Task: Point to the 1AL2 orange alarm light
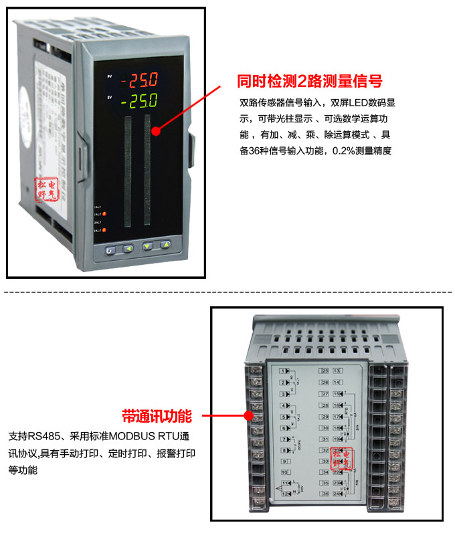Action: pyautogui.click(x=105, y=214)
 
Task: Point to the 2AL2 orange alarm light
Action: pyautogui.click(x=104, y=231)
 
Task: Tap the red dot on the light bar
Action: pyautogui.click(x=156, y=131)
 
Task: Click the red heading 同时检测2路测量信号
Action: pyautogui.click(x=310, y=82)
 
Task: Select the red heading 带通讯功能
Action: pyautogui.click(x=157, y=416)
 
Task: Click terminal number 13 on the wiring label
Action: pyautogui.click(x=337, y=370)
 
